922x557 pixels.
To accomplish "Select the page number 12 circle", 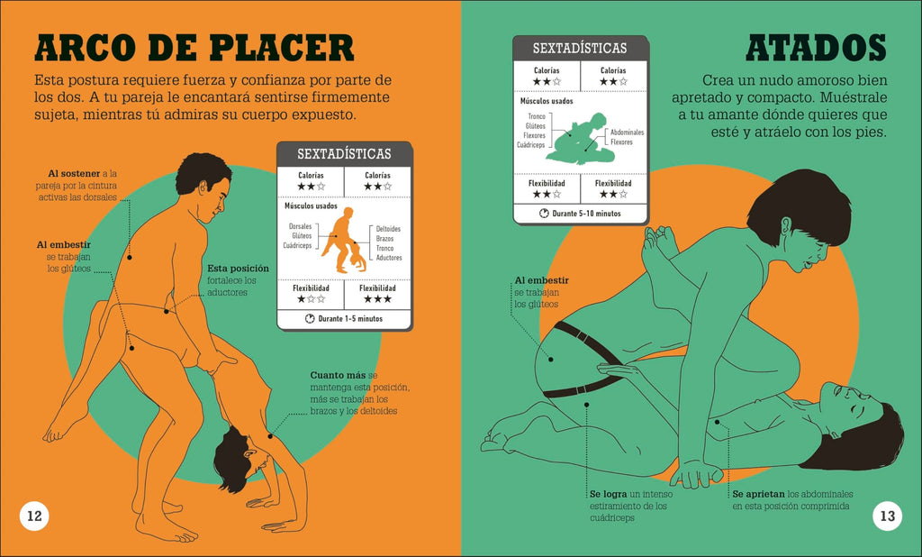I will click(x=34, y=516).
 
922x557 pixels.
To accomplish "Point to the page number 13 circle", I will click(x=887, y=516).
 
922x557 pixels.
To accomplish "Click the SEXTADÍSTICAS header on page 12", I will click(x=344, y=154).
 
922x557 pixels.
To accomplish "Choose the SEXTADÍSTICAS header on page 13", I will click(x=580, y=48).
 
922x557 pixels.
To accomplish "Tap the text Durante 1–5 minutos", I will click(x=350, y=319).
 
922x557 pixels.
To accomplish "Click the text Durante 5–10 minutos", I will click(x=587, y=214).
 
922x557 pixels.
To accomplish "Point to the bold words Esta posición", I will click(x=238, y=268).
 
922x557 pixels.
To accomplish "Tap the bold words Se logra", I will click(x=608, y=494).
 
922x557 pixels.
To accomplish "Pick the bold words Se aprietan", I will click(x=757, y=494).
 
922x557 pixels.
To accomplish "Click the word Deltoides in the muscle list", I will click(x=388, y=229).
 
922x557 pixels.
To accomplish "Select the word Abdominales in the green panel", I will click(x=627, y=132).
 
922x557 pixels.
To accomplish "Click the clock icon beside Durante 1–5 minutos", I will click(x=311, y=319).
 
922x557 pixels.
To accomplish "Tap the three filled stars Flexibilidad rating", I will click(x=376, y=299).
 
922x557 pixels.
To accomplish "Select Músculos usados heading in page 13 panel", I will click(x=547, y=102).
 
